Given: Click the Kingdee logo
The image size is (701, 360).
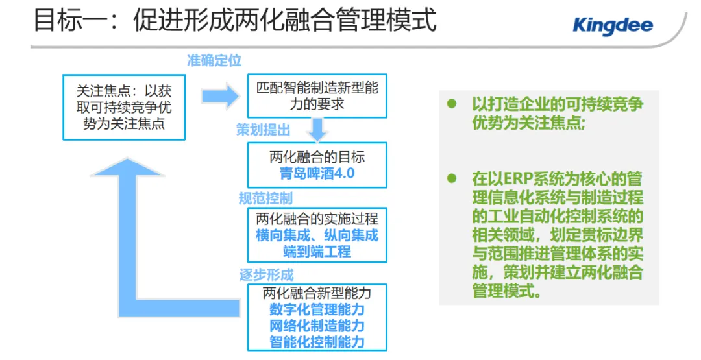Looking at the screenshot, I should point(612,25).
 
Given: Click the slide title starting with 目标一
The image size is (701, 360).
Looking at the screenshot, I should point(234,21).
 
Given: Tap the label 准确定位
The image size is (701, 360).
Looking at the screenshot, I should point(214,61).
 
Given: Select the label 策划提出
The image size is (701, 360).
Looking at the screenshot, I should point(263,130).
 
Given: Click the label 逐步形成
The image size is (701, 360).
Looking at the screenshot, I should point(266,274).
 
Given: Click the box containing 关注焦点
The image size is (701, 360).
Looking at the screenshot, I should point(123,106).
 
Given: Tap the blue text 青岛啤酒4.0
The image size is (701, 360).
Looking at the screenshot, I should point(317,174).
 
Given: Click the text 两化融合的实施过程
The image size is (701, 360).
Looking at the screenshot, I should point(317,219).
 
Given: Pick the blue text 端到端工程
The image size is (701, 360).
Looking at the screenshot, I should point(317,251).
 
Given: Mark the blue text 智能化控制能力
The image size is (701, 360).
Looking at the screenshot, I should point(317,342).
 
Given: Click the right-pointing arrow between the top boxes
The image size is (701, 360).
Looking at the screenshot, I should point(219,97).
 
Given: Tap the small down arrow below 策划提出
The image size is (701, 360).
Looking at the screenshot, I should point(317,130).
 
